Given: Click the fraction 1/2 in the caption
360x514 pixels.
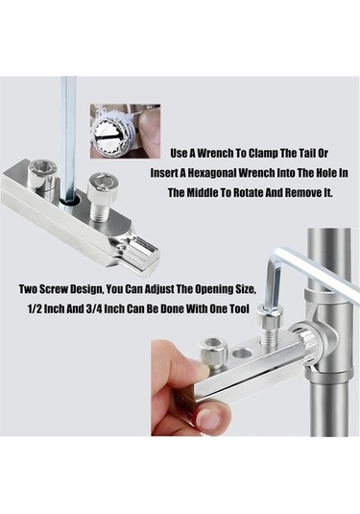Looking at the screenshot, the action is (35, 308).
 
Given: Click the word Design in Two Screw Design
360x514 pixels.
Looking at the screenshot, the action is (85, 289).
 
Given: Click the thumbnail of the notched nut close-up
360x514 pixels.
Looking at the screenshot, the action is (125, 132).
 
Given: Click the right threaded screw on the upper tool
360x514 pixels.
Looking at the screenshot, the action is (101, 197).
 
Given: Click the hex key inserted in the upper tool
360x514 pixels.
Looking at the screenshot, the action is (69, 142).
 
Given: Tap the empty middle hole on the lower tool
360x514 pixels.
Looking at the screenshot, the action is (242, 354).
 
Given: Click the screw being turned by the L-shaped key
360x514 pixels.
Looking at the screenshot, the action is (269, 325).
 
